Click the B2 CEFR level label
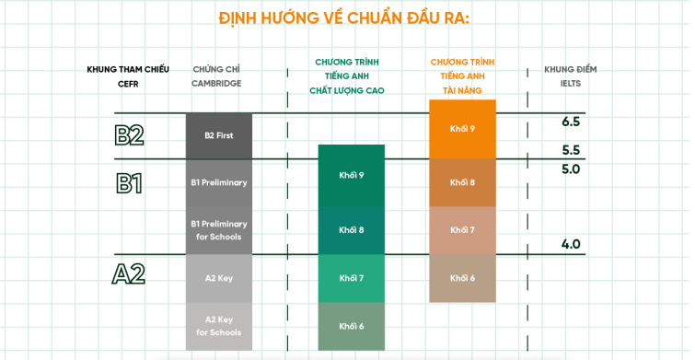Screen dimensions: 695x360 129,135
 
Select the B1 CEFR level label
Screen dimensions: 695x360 129,183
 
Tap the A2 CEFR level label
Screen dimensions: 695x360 129,274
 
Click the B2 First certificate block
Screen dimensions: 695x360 219,135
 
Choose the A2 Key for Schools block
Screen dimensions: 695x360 219,326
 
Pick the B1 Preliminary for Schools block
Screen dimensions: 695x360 219,230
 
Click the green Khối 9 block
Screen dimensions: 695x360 352,176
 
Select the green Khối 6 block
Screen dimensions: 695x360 352,326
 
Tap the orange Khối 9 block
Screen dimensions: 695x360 462,129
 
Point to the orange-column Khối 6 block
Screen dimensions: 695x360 462,278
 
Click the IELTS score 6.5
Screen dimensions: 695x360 571,122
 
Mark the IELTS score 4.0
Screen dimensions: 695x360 571,244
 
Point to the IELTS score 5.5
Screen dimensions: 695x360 571,150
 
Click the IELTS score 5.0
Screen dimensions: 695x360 571,168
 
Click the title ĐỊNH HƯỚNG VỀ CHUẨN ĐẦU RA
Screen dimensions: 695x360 344,18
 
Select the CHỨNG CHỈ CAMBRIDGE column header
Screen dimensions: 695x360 216,76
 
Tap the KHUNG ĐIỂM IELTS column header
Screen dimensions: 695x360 571,76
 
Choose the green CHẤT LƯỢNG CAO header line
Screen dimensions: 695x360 347,91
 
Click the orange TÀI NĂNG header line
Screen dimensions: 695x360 462,91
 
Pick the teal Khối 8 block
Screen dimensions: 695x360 352,230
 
